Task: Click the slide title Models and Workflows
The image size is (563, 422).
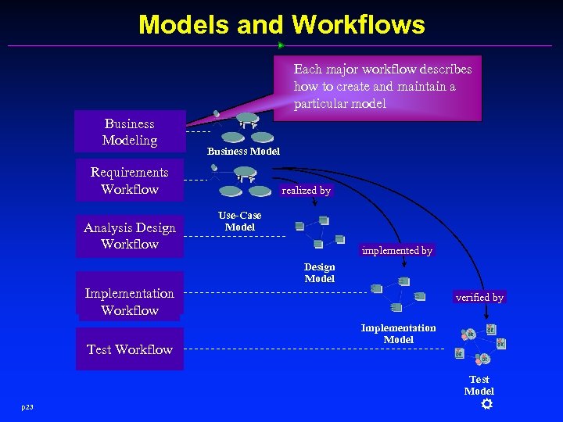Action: point(281,24)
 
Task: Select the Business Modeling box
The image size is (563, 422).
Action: point(130,131)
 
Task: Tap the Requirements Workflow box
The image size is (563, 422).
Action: point(130,181)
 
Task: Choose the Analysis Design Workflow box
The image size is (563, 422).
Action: point(130,235)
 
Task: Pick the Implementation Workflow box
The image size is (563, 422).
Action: point(130,302)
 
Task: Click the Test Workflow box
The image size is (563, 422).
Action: point(130,349)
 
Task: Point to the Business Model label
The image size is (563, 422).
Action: point(243,151)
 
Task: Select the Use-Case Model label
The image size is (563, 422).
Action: point(240,221)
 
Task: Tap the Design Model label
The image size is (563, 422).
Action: point(319,273)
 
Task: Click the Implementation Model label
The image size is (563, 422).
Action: point(398,334)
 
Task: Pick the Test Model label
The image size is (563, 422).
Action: point(479,385)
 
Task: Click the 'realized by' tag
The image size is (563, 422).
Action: point(306,190)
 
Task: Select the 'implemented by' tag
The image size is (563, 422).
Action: point(397,251)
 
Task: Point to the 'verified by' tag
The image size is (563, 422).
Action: point(479,297)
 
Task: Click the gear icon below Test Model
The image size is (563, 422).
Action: point(486,404)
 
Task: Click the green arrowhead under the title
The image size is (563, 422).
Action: point(281,45)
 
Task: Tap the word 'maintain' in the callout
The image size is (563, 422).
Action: point(419,86)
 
